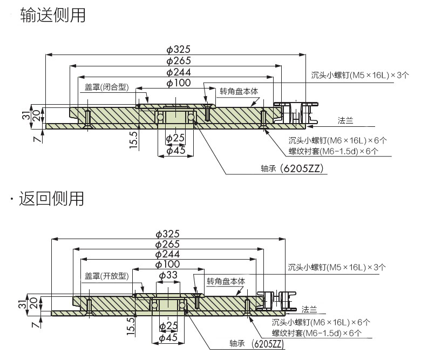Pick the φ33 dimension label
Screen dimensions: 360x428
[168, 275]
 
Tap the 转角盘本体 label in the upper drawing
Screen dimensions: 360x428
[239, 91]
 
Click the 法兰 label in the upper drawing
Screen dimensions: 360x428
[345, 120]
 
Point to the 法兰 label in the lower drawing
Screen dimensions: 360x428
[309, 309]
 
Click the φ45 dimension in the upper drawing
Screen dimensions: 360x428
[176, 151]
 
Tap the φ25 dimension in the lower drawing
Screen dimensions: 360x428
[169, 325]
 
